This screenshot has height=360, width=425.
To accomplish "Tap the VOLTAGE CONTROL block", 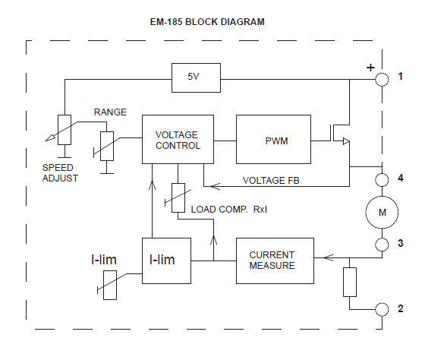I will (172, 140).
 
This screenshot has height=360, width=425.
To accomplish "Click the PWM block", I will (273, 140).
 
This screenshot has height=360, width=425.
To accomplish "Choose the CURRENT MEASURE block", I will (272, 260).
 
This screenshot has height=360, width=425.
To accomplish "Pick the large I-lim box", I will (166, 260).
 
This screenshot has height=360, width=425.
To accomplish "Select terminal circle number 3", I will (382, 244).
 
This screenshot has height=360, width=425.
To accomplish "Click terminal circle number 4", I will (382, 179).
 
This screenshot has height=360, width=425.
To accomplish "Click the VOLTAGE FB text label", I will (272, 181).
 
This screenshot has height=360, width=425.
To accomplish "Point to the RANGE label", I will (110, 112).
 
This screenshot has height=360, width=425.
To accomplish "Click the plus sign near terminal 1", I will (370, 68).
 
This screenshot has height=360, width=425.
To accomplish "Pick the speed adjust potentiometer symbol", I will (65, 129).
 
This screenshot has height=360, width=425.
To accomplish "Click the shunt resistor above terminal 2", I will (350, 281).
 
